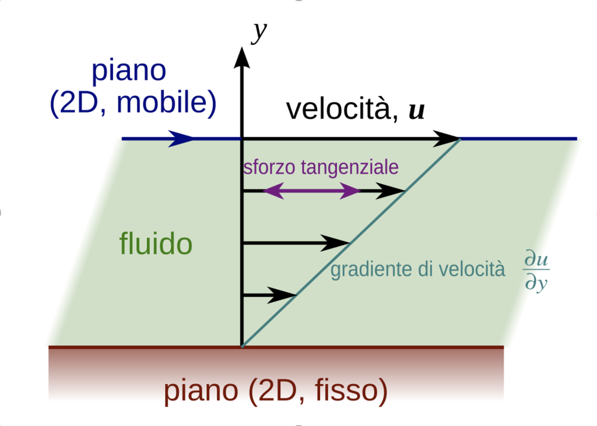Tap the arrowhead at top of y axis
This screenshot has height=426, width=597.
[x=241, y=56]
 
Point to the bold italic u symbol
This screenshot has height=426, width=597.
[x=416, y=110]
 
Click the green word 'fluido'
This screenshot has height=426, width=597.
[x=156, y=244]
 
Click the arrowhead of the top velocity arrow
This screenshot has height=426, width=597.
[x=448, y=139]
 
